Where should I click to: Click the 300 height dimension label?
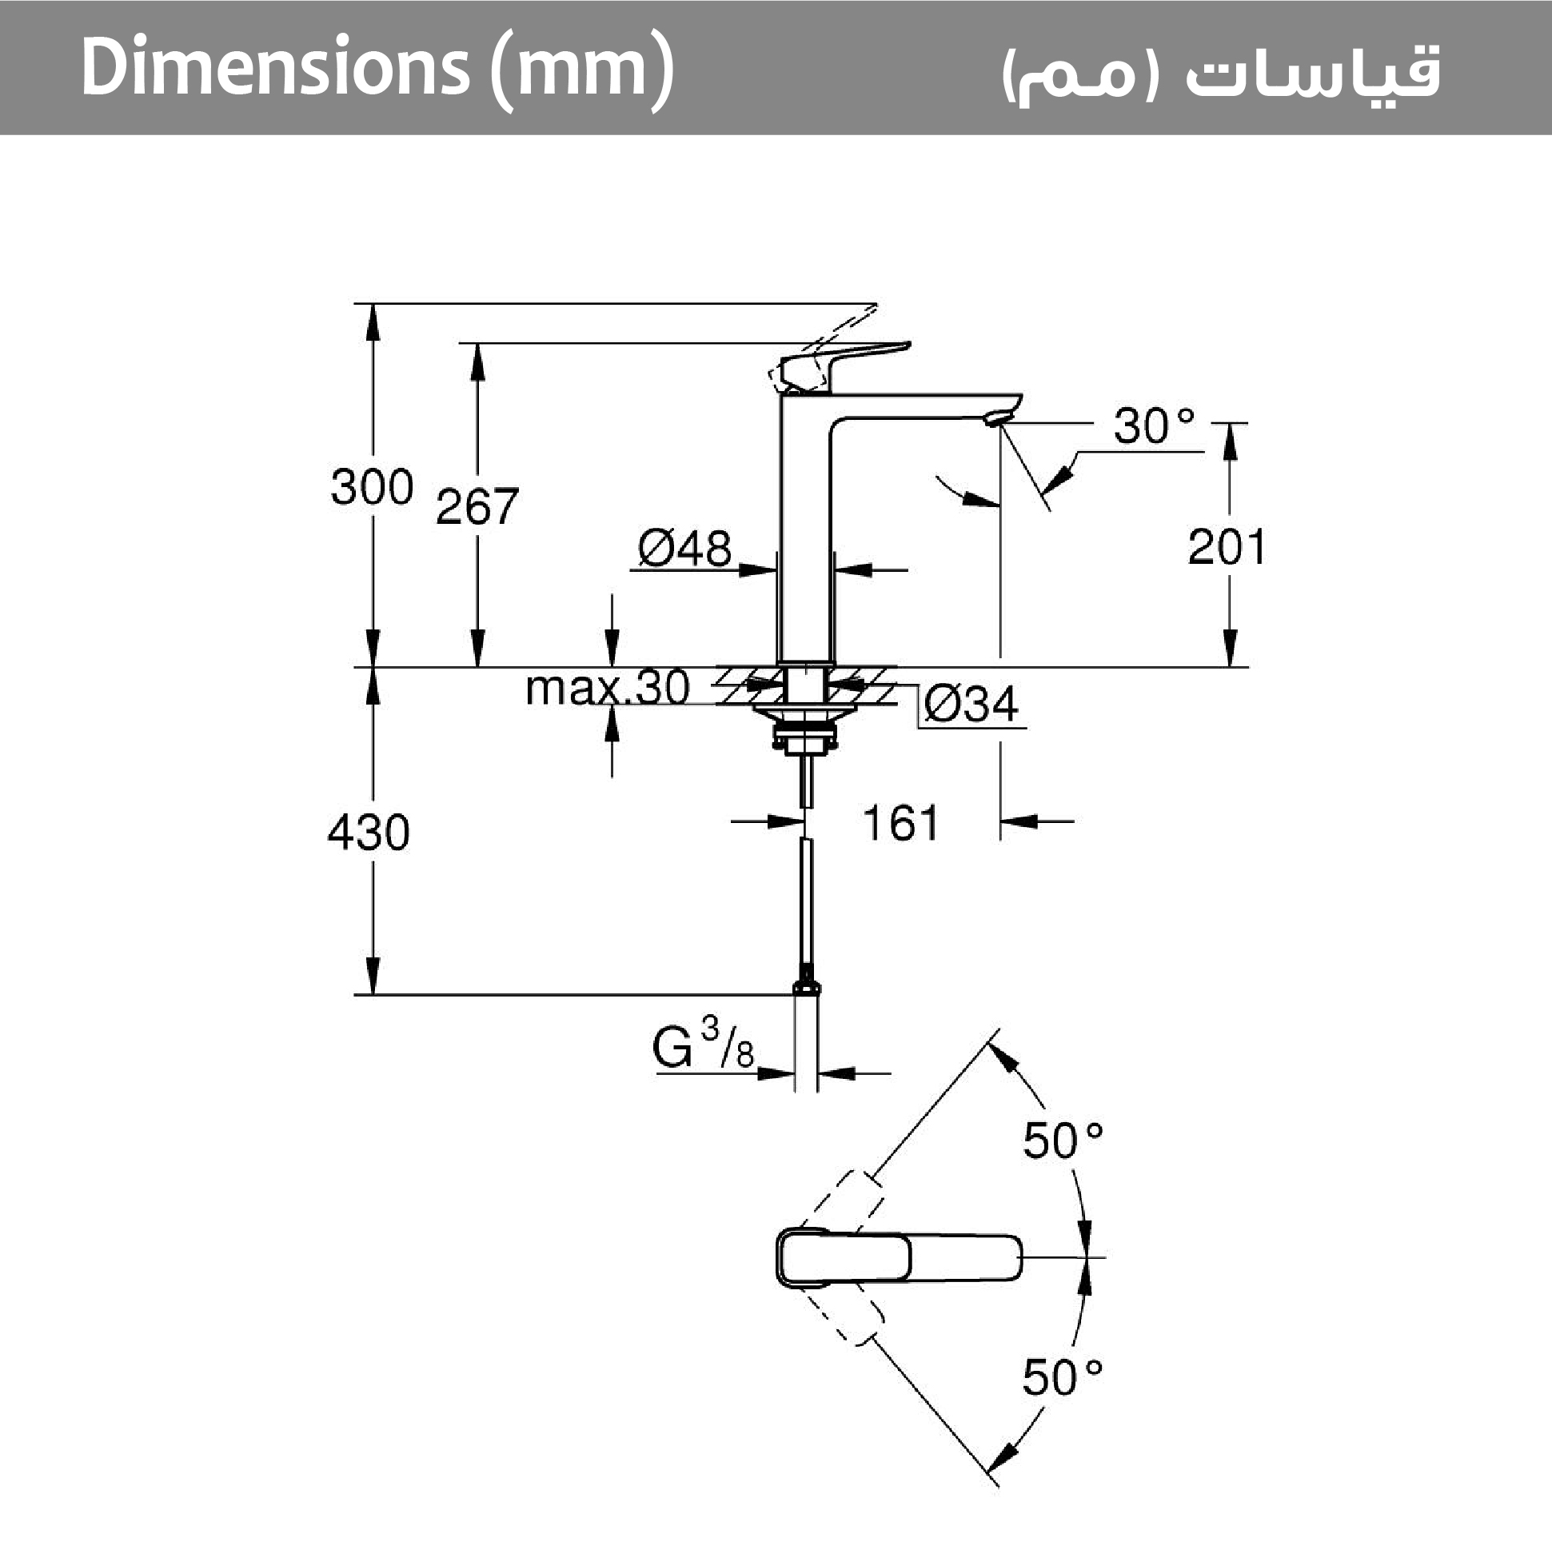372,487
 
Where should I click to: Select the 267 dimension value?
477,507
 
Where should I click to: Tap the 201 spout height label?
1226,548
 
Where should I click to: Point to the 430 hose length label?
369,833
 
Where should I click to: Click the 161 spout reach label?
900,824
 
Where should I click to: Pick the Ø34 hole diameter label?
971,705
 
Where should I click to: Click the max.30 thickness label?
608,689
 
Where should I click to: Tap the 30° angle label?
1154,425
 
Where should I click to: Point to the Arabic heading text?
1221,72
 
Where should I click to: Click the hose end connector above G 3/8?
807,987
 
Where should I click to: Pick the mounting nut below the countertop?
804,733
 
